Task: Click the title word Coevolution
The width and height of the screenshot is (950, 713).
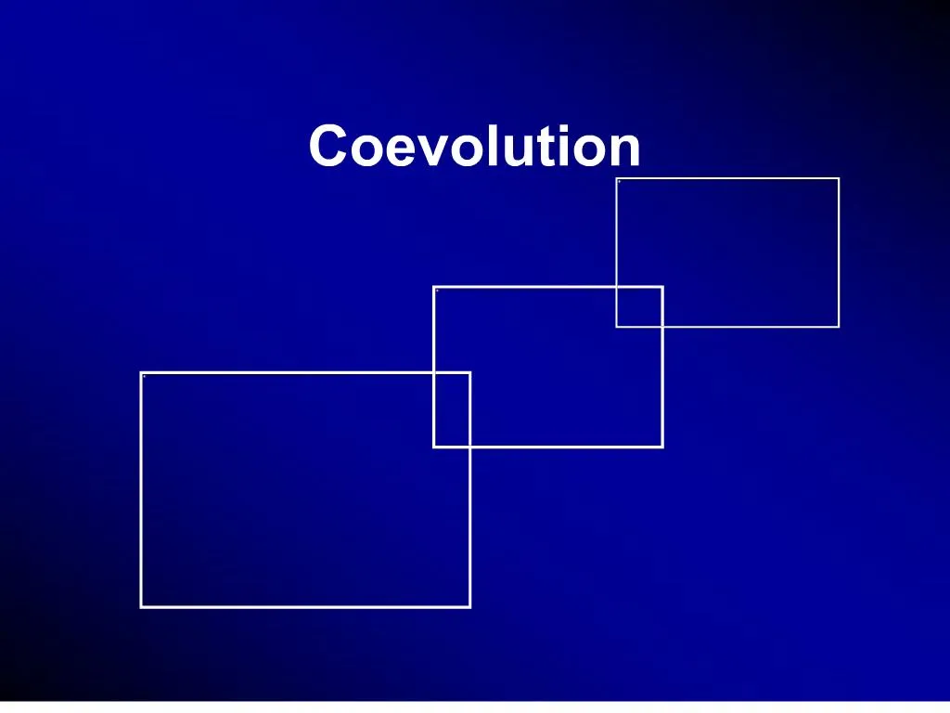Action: (474, 147)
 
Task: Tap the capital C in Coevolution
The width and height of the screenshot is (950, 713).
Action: (327, 147)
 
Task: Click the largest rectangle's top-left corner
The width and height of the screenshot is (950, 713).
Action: (141, 373)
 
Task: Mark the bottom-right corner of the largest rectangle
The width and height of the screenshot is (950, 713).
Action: (469, 606)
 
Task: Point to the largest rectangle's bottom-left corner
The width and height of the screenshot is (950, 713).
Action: (141, 606)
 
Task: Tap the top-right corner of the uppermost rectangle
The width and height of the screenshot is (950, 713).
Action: (838, 178)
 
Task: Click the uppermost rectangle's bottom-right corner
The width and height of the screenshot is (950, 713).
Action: (838, 326)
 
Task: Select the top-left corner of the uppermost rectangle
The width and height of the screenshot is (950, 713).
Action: (617, 178)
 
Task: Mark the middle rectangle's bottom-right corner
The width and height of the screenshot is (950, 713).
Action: (661, 447)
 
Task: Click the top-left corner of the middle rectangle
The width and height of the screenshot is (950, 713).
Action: (434, 288)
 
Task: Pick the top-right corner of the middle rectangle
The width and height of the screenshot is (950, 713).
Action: (661, 288)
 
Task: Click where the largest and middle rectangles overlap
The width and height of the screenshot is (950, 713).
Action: (452, 409)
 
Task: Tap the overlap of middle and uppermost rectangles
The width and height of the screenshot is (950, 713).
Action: (639, 306)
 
